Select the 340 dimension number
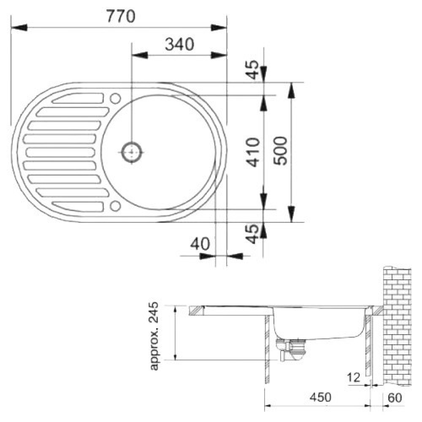(179, 44)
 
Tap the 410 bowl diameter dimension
(253, 152)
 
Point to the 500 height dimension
(280, 151)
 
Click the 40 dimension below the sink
(200, 244)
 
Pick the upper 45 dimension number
(253, 70)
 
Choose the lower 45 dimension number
(253, 234)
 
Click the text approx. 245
(154, 336)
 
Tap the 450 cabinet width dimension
(320, 397)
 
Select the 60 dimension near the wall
(395, 398)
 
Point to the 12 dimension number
(354, 378)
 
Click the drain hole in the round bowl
(132, 152)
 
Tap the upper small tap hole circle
(116, 98)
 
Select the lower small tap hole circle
(116, 206)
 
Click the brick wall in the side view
(397, 326)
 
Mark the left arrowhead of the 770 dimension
(19, 27)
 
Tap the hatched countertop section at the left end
(196, 310)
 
